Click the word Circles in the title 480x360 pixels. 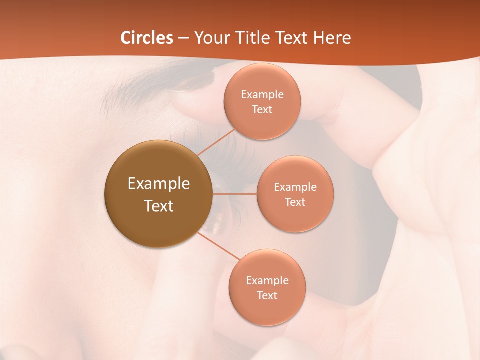146,38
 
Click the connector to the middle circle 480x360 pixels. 234,193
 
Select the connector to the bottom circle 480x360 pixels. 218,245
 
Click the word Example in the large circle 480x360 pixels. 158,184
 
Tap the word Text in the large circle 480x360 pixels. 158,206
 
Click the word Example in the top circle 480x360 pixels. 262,95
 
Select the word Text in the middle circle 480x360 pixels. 295,202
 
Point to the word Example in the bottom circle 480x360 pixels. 267,280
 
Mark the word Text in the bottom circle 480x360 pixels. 267,295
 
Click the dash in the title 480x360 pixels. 183,38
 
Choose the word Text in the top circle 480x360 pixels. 262,109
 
